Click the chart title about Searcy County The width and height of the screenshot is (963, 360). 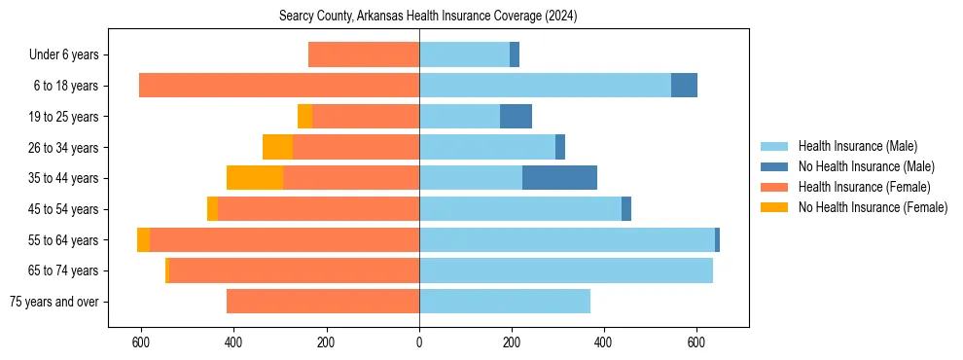click(428, 16)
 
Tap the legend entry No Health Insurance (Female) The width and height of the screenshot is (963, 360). click(873, 207)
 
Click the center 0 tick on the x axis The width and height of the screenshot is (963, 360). click(419, 342)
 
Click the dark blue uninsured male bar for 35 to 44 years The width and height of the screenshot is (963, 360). click(559, 178)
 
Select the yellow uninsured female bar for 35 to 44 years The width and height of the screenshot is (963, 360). click(255, 178)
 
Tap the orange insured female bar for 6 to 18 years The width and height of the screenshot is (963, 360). click(279, 86)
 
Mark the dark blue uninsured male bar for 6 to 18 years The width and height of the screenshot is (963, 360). click(684, 86)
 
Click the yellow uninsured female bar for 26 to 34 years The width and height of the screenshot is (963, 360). click(278, 147)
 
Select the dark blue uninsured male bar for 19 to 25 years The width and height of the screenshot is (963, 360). click(516, 117)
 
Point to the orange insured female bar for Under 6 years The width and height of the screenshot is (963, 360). click(364, 55)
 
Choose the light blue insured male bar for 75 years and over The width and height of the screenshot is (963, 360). click(505, 302)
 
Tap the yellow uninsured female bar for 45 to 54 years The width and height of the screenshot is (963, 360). click(212, 209)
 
